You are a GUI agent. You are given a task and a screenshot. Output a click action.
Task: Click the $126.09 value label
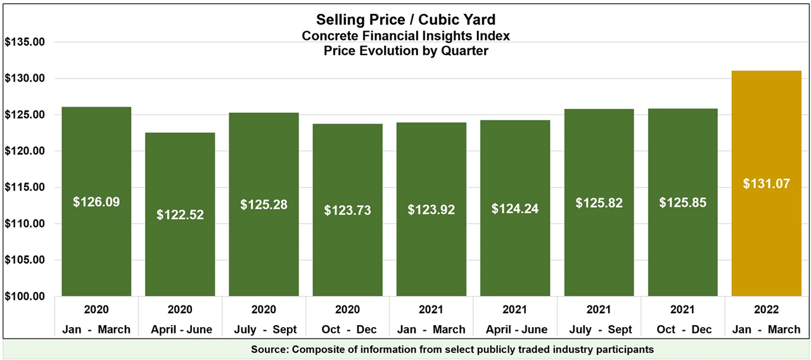click(x=96, y=202)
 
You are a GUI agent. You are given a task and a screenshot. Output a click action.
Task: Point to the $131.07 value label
click(x=766, y=184)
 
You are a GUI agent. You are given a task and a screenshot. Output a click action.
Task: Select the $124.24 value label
click(x=515, y=208)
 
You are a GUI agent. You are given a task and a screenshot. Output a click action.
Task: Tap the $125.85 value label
click(x=682, y=203)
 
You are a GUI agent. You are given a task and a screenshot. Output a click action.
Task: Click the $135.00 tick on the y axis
click(x=25, y=42)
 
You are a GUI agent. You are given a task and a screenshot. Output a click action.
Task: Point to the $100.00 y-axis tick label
click(x=25, y=297)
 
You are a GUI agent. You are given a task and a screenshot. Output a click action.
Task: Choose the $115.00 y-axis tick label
click(x=25, y=188)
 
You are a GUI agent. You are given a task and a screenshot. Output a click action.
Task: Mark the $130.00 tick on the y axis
click(x=25, y=79)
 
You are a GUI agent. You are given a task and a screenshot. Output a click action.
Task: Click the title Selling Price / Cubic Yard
click(x=405, y=20)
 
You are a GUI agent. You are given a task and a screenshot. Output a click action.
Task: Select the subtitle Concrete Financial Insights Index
click(x=405, y=35)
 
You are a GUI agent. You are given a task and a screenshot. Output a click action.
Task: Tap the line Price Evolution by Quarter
click(x=405, y=51)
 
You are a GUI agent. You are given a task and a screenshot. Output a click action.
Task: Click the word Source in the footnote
click(x=269, y=349)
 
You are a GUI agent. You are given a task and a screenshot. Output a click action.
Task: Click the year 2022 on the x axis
click(x=766, y=310)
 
